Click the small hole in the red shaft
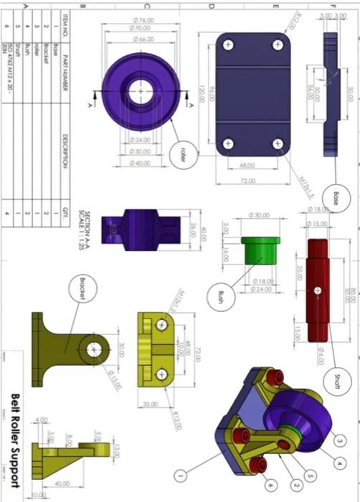pyautogui.click(x=316, y=290)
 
